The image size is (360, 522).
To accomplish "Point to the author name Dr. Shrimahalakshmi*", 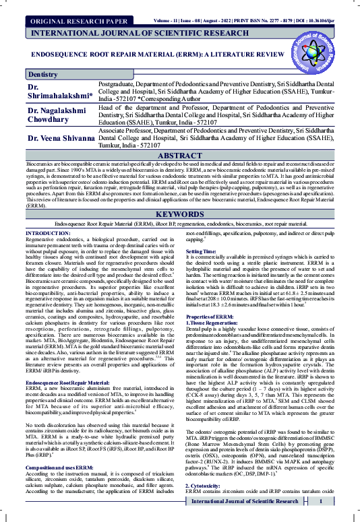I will coord(57,93).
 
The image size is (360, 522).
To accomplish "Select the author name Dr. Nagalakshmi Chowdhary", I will coord(58,115).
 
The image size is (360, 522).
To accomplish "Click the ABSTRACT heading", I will coord(180,156).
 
